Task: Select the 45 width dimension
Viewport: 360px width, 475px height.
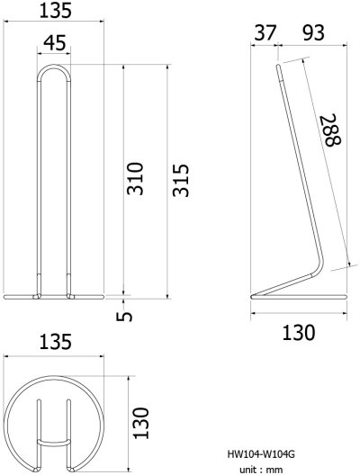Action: point(53,43)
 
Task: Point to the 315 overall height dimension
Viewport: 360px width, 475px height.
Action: point(181,180)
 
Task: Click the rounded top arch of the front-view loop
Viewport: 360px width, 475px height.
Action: point(53,66)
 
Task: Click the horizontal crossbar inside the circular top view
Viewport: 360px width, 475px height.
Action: point(53,442)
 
